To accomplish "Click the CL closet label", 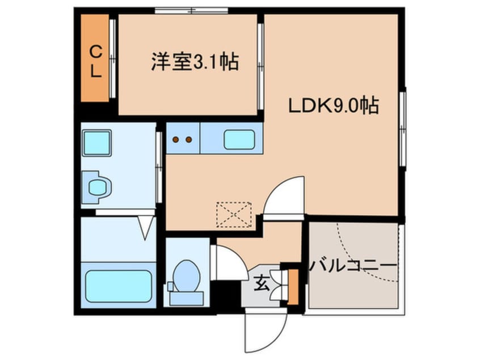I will click(x=96, y=61).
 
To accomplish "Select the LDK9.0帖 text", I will click(x=334, y=105).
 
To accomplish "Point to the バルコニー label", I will click(x=352, y=265).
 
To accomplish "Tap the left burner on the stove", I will click(x=176, y=139).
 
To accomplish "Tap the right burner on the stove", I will click(x=189, y=139).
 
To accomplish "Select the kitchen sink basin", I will click(x=238, y=139).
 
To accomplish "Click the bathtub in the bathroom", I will click(x=118, y=286).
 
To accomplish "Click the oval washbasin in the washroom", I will click(x=98, y=186).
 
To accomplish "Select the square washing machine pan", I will click(x=97, y=142).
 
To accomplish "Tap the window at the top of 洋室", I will click(x=191, y=10).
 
